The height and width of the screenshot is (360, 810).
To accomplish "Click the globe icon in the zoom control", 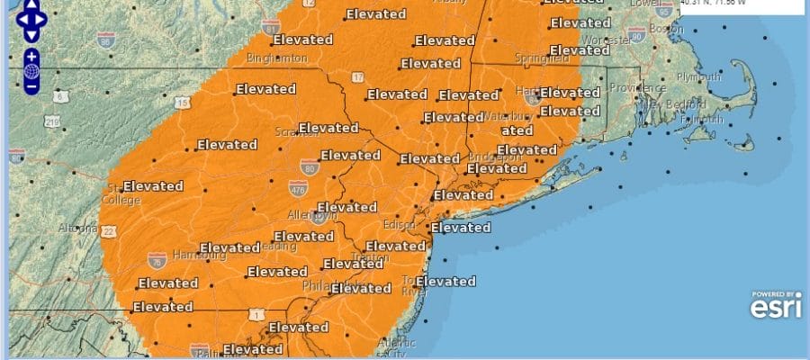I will click(31, 71).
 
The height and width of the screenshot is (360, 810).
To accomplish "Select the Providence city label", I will click(635, 88).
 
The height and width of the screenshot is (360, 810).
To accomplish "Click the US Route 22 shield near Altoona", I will click(109, 232).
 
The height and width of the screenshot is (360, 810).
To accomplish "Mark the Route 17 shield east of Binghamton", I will click(357, 80).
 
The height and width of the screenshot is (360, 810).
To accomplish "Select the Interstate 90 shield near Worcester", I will click(638, 35).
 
